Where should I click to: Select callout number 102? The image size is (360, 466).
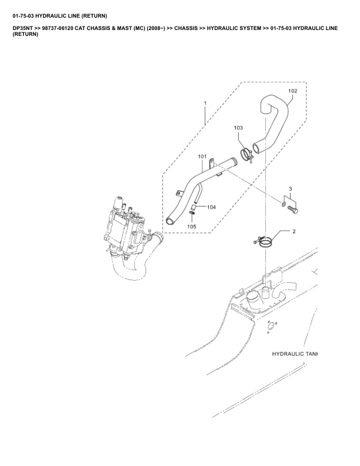click(293, 91)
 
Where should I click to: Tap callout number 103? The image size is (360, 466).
click(238, 128)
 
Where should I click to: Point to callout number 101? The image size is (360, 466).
click(202, 157)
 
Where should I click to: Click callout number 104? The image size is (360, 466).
click(212, 207)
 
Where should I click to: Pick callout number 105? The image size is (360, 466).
click(192, 227)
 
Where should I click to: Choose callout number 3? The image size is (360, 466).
click(290, 189)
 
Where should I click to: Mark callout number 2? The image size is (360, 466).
click(293, 232)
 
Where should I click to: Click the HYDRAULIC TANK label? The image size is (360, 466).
click(294, 354)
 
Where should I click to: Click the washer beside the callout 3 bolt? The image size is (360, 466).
click(284, 204)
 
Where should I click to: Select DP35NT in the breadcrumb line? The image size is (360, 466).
click(22, 28)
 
